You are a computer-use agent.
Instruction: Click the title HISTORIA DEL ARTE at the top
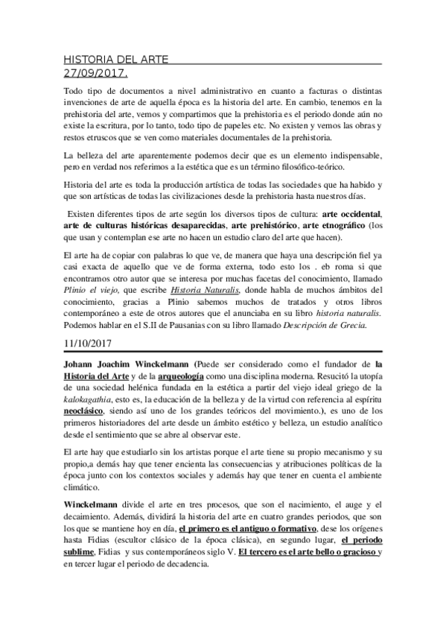coord(115,60)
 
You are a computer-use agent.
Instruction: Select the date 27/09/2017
coord(95,73)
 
